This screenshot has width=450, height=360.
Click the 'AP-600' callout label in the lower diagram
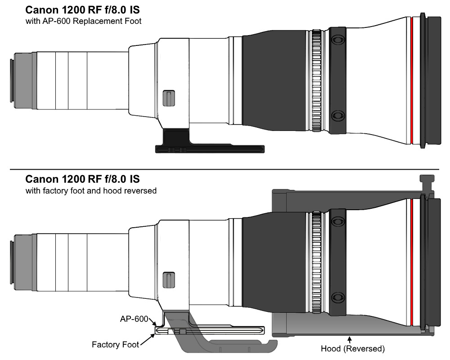click(134, 319)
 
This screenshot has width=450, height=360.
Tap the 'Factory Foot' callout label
click(115, 345)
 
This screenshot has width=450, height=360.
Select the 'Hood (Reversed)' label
click(353, 348)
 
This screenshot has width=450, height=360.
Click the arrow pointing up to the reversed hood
click(350, 340)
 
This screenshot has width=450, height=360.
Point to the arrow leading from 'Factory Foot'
click(148, 340)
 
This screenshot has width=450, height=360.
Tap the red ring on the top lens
click(412, 81)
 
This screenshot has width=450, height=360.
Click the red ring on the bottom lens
click(412, 263)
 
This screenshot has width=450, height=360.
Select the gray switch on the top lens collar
click(169, 98)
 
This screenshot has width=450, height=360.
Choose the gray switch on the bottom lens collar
click(169, 280)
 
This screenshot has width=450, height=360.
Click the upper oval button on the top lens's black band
click(338, 39)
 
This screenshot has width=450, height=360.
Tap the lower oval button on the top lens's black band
click(338, 115)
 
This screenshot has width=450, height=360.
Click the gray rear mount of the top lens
click(23, 81)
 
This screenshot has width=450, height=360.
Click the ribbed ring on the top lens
click(316, 81)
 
